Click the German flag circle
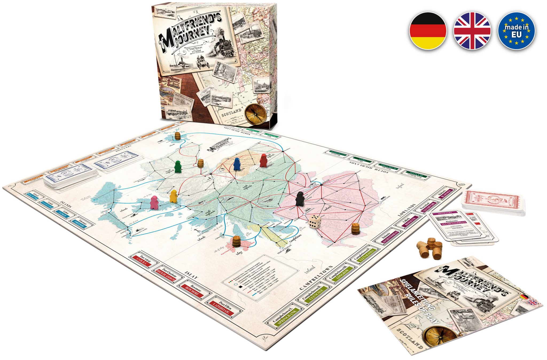coord(428,31)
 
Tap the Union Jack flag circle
coord(472,31)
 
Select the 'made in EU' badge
coord(517,31)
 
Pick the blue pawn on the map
coord(237,164)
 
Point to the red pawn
coord(263,160)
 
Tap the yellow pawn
coord(174,196)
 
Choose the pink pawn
coord(154,202)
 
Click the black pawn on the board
coord(300,199)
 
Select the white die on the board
coord(315,221)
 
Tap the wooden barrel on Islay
coord(236,241)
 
